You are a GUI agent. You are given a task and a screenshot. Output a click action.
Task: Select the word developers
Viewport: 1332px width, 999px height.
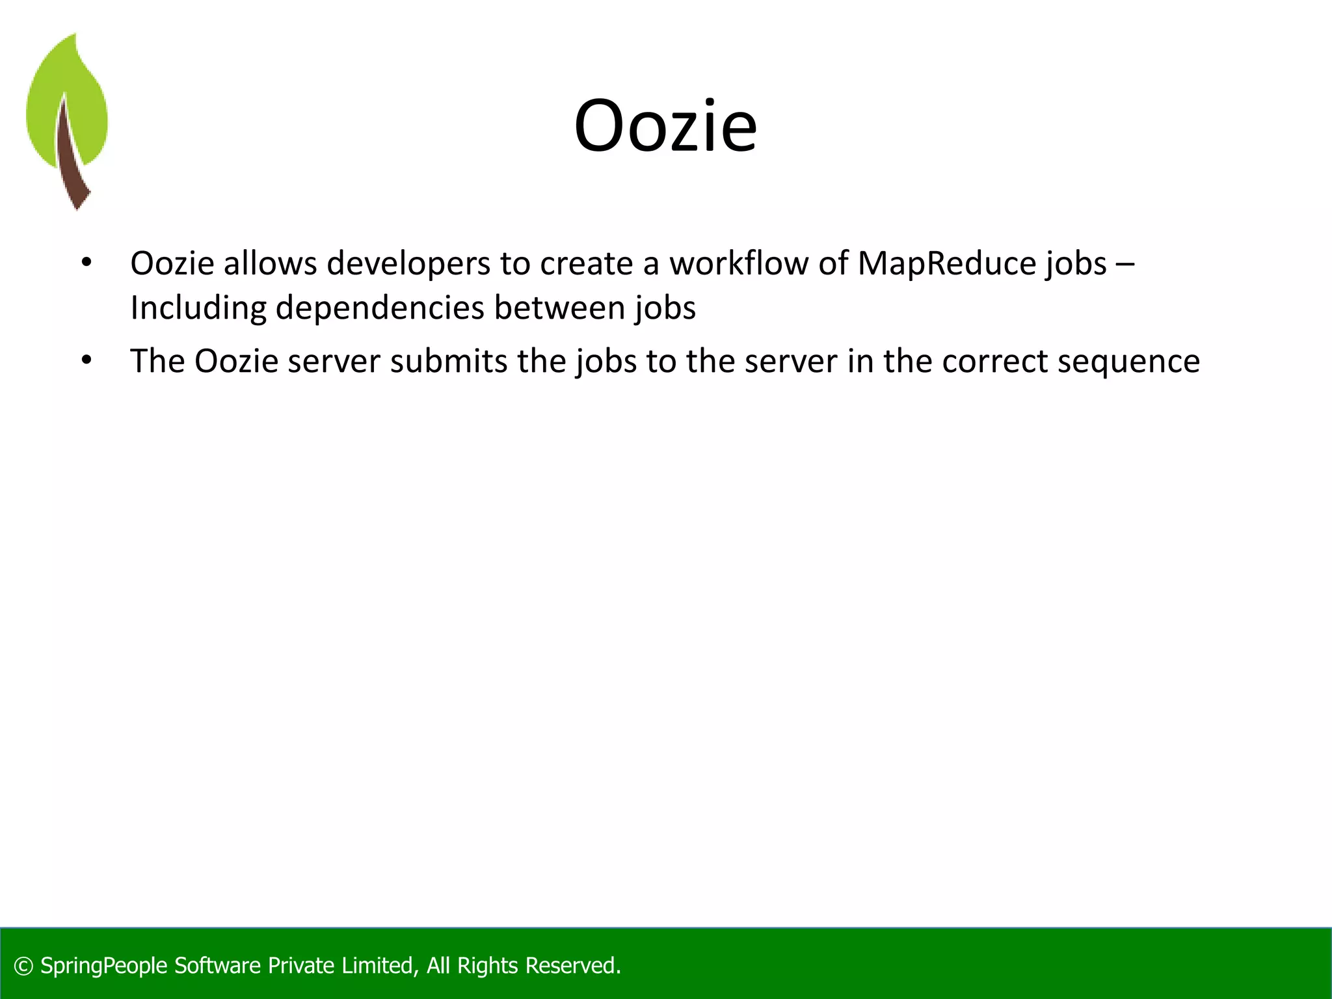(408, 263)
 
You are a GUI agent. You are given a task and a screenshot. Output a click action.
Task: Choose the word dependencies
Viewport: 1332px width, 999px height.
(380, 308)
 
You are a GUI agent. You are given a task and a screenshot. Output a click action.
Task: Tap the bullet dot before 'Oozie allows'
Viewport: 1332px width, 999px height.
(87, 263)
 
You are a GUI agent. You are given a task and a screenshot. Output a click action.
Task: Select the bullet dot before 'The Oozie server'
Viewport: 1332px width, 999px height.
(87, 360)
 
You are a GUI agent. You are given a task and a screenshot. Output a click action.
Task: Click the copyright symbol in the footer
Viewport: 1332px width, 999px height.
(23, 966)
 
